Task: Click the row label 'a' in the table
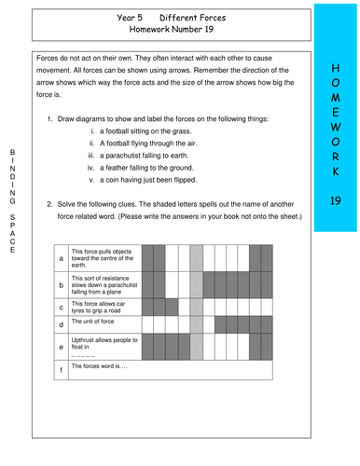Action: (x=62, y=256)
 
